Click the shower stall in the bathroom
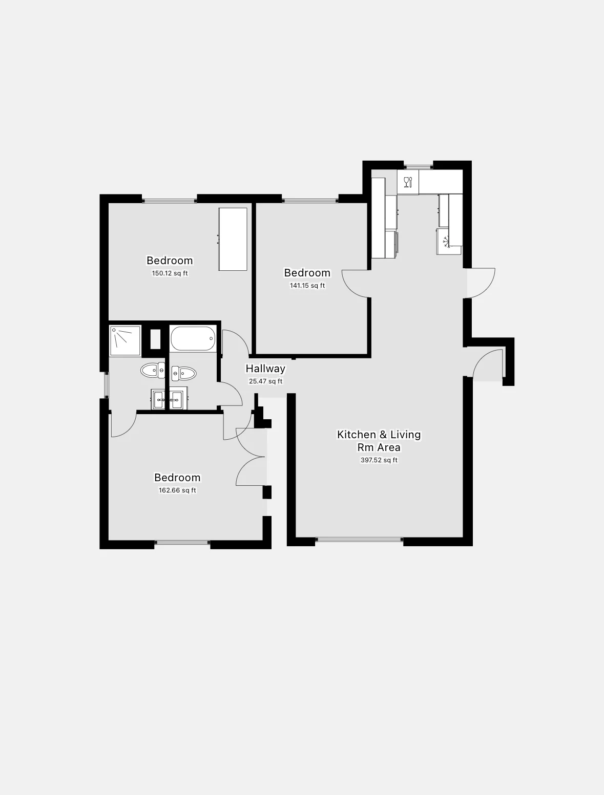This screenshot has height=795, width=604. coord(124,340)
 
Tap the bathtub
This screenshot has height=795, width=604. coord(192,339)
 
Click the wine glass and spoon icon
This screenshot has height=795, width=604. coord(408,182)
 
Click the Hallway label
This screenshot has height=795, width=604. coord(265,369)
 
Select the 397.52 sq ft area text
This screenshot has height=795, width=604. coord(379,460)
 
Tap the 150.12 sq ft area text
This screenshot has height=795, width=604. coord(170,273)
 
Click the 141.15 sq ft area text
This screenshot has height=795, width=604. coord(307,286)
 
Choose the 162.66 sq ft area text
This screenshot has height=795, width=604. coord(177,490)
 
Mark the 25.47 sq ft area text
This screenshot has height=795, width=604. coord(265,381)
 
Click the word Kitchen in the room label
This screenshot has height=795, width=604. coord(356,435)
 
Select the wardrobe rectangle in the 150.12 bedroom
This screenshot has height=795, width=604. coord(233,239)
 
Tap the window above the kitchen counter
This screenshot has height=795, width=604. coord(419,165)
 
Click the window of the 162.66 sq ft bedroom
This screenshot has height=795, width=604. coord(182,542)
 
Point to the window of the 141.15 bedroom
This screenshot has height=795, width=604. coord(310,200)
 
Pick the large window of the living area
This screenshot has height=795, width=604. coord(359,539)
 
